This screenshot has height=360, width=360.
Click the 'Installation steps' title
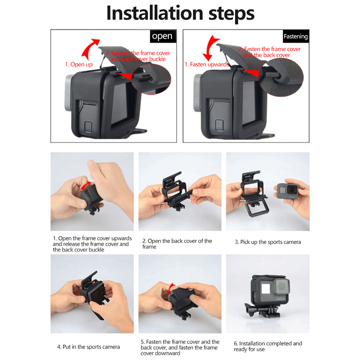pyautogui.click(x=180, y=13)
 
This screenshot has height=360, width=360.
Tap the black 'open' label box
pyautogui.click(x=163, y=36)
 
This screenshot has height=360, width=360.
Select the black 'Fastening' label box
pyautogui.click(x=296, y=36)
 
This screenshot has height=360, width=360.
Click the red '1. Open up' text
pyautogui.click(x=79, y=65)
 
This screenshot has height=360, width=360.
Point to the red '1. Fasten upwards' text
pyautogui.click(x=207, y=65)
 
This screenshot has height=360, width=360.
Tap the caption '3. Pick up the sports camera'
pyautogui.click(x=268, y=242)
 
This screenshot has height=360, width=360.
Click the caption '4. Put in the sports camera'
pyautogui.click(x=88, y=347)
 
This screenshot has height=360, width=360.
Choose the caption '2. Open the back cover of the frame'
pyautogui.click(x=177, y=244)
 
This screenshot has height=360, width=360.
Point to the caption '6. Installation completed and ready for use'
pyautogui.click(x=268, y=346)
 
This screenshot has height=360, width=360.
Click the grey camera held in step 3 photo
pyautogui.click(x=288, y=191)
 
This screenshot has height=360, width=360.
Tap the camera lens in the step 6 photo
pyautogui.click(x=282, y=286)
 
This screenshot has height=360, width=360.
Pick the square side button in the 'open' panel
pyautogui.click(x=88, y=126)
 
